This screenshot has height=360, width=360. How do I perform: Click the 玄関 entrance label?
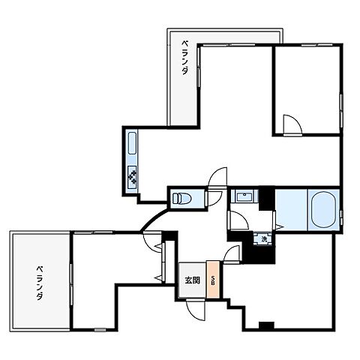point(192,280)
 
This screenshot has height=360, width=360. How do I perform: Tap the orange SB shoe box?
point(213,280)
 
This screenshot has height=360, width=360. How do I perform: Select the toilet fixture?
point(181,199)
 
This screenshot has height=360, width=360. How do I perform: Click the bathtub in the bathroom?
point(323,209)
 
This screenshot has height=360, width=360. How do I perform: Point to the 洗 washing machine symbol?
point(263,239)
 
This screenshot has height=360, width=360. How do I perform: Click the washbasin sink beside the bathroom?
point(244,196)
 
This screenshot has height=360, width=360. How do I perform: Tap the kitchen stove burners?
point(132,177)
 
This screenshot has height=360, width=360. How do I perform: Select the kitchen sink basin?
point(132,143)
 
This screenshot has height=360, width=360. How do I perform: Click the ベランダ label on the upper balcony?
point(184,58)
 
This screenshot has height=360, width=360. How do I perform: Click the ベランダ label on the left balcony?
point(40,283)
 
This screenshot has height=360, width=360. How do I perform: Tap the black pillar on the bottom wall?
point(266,325)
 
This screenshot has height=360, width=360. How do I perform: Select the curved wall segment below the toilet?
point(153,220)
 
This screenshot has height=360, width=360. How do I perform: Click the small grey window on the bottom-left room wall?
point(100,330)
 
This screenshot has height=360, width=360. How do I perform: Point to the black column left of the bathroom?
point(266,199)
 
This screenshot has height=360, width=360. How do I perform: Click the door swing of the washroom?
point(239,220)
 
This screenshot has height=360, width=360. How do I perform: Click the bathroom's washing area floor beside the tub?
point(292,210)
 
